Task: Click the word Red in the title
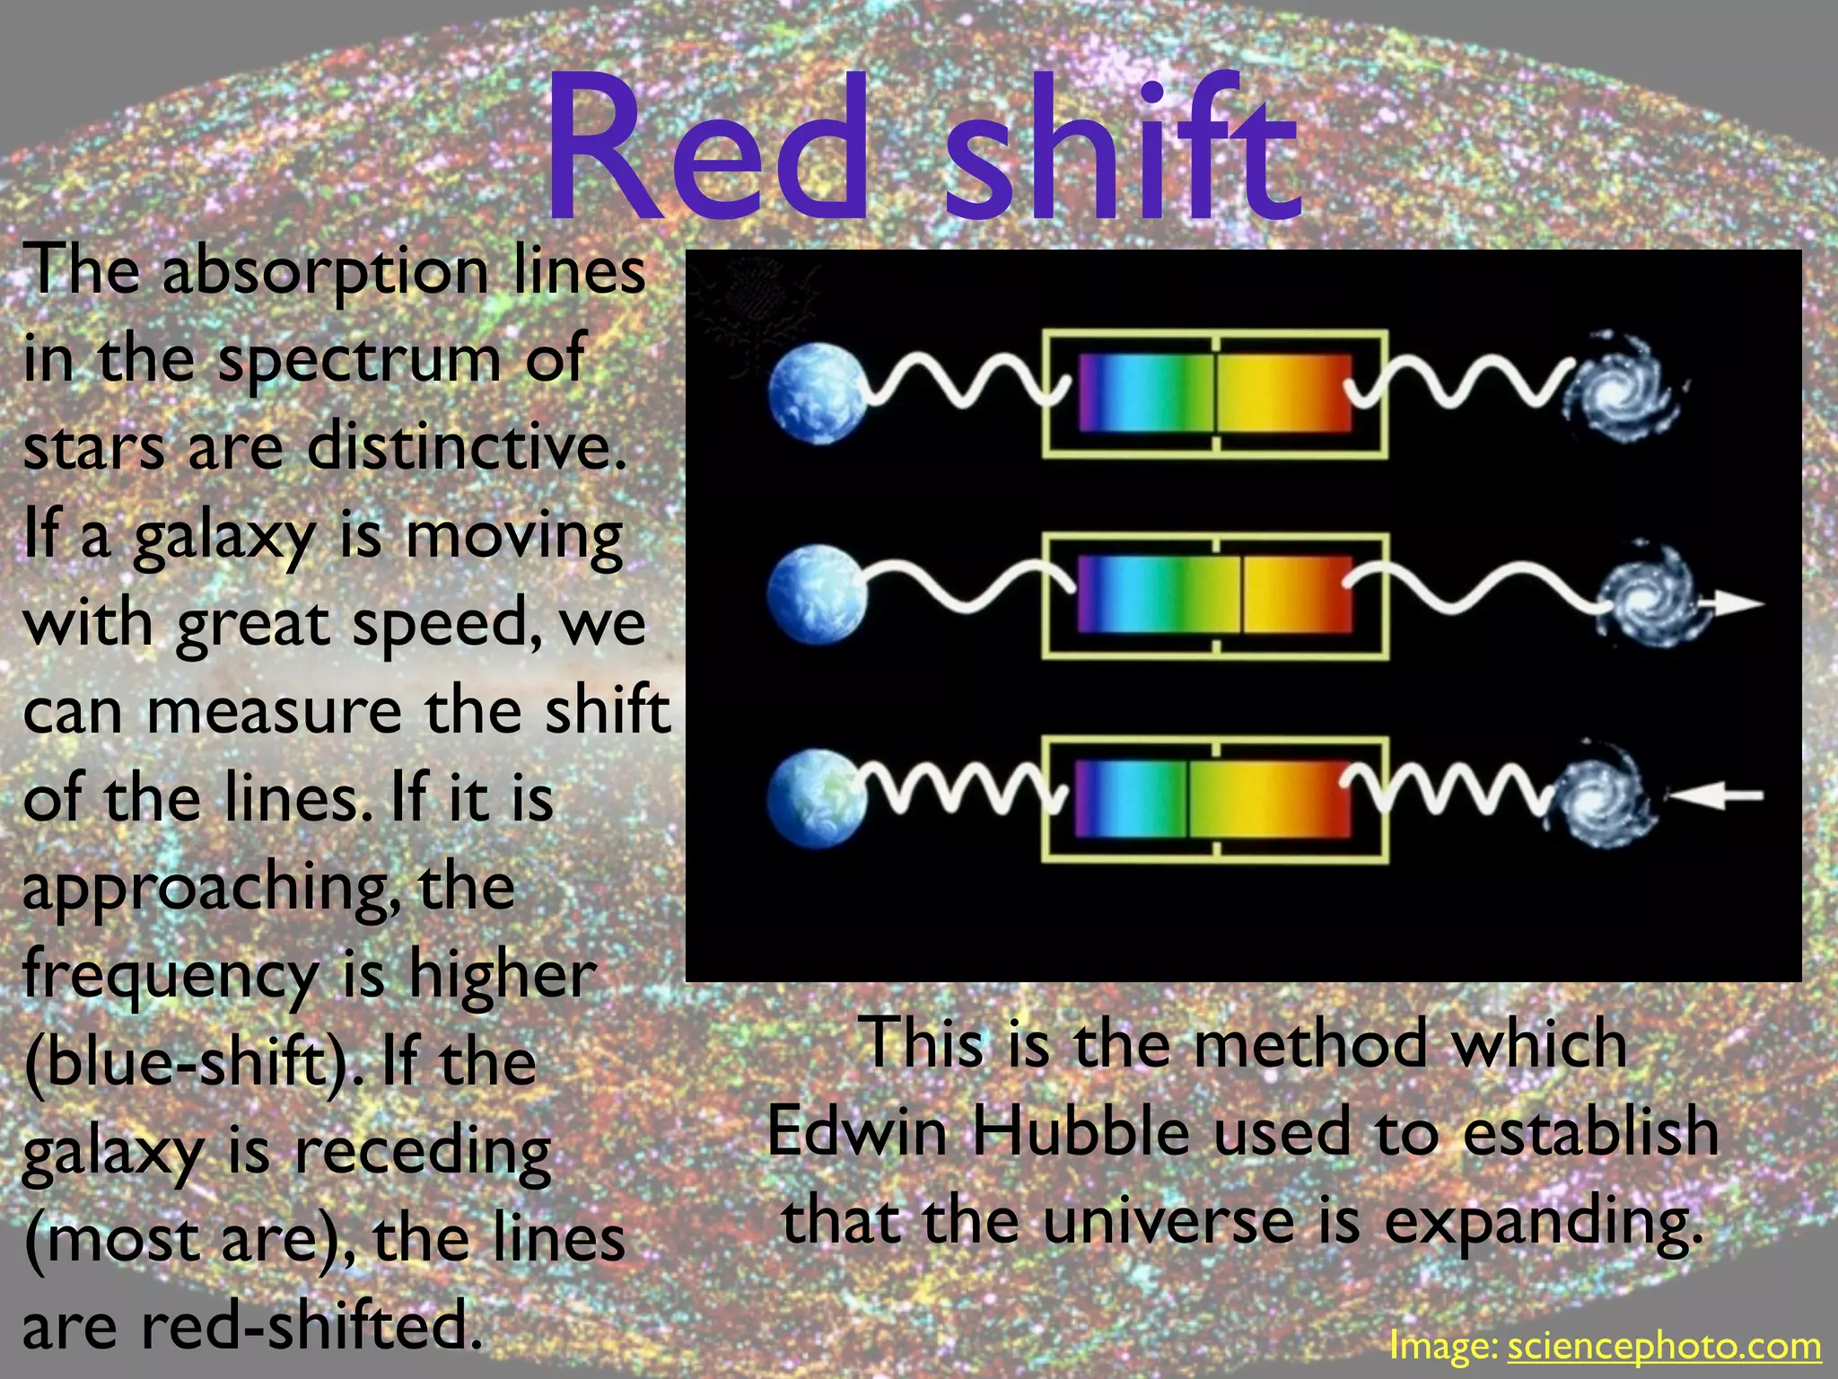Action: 709,148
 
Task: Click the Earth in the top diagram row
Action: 817,395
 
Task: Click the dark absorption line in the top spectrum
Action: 1216,393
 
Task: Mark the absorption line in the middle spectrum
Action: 1242,594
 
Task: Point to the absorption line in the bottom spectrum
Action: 1189,799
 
